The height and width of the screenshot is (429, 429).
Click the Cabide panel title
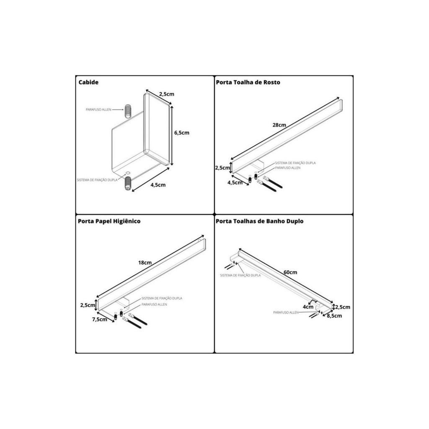[x=88, y=83]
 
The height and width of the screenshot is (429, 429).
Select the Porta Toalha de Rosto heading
[x=248, y=83]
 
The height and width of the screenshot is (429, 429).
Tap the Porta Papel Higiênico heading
[x=109, y=221]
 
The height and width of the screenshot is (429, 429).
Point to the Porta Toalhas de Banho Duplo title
[x=260, y=221]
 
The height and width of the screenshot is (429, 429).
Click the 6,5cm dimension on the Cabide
[x=182, y=133]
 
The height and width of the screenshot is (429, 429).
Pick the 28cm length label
[x=279, y=125]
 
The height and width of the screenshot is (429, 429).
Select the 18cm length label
[x=145, y=263]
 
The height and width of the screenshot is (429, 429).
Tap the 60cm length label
[x=290, y=272]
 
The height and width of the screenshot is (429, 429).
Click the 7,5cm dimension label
[x=100, y=319]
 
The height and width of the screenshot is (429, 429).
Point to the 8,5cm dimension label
[x=334, y=316]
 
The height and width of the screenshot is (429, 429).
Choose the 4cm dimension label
[x=308, y=307]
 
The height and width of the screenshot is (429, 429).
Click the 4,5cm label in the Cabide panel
[x=158, y=185]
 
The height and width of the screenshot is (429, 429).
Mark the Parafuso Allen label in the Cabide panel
[x=98, y=110]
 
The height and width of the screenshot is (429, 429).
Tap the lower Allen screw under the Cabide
[x=128, y=183]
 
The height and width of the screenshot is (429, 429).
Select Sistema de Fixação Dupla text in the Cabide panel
[x=97, y=180]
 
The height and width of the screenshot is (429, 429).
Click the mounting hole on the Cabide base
[x=127, y=173]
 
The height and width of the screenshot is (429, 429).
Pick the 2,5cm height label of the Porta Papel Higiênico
[x=88, y=305]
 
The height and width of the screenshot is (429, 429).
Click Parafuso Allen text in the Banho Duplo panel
[x=286, y=313]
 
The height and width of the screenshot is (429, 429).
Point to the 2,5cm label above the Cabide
[x=167, y=94]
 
